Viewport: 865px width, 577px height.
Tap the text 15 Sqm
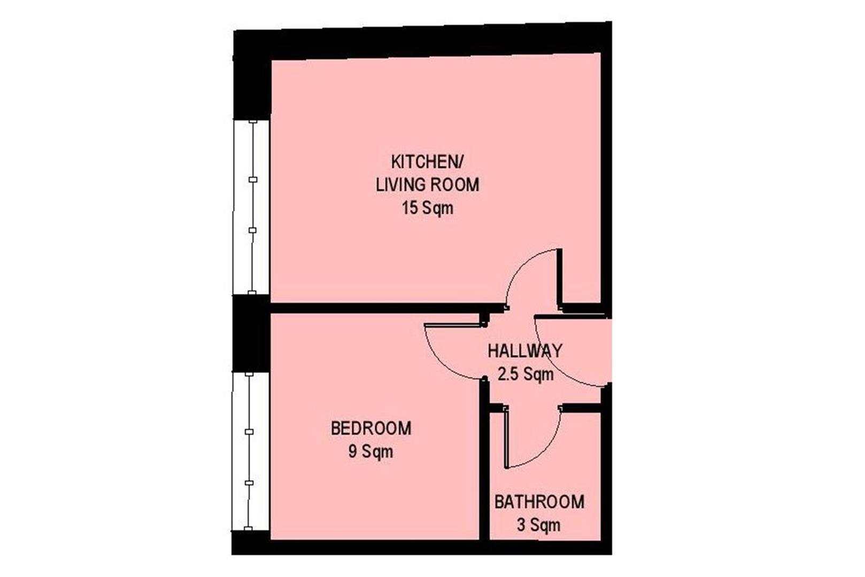click(x=428, y=208)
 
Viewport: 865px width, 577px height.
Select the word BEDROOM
click(x=371, y=428)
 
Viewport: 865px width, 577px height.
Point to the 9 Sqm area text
click(x=371, y=452)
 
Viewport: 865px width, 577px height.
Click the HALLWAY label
click(x=524, y=351)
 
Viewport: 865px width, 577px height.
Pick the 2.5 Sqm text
click(x=525, y=375)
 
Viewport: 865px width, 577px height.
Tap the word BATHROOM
click(x=539, y=502)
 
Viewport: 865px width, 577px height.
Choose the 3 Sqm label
click(x=539, y=526)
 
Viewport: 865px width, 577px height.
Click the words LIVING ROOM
click(x=428, y=185)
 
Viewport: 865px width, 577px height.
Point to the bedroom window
click(x=250, y=451)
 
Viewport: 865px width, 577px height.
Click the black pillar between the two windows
click(x=251, y=333)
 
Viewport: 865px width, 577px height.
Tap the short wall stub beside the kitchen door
click(x=560, y=278)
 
